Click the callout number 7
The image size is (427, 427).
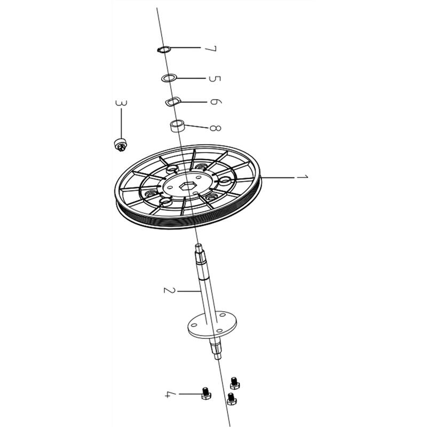tap(211, 49)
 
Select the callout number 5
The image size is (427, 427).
tap(215, 78)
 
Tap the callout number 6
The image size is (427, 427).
tap(216, 102)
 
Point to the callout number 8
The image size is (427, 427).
tap(215, 128)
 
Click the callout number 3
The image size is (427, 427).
tap(121, 103)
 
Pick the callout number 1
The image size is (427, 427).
tap(302, 177)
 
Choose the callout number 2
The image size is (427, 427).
tap(169, 290)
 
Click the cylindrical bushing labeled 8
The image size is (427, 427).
tap(178, 126)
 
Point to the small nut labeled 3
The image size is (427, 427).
tap(120, 145)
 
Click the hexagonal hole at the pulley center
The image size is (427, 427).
tap(186, 186)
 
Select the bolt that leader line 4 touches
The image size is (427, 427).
tap(206, 393)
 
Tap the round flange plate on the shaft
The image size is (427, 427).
tap(212, 324)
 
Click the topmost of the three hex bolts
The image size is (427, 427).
tap(234, 383)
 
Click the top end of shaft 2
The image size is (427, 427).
tap(198, 246)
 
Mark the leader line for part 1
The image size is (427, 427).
tap(278, 178)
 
